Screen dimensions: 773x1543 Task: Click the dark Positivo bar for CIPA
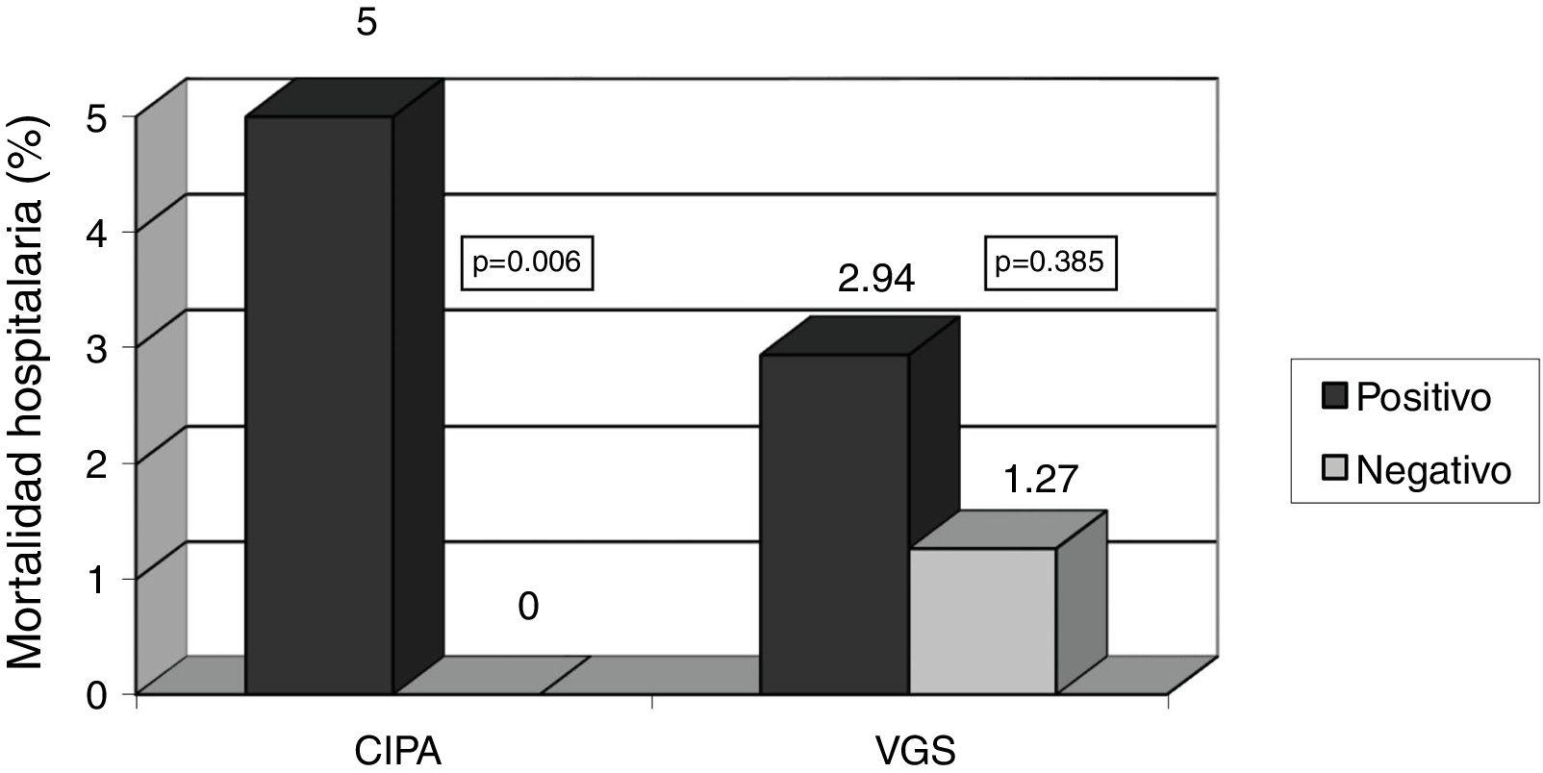pyautogui.click(x=319, y=404)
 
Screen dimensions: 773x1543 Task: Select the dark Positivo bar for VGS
pyautogui.click(x=833, y=523)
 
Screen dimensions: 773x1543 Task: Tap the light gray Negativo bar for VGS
pyautogui.click(x=982, y=620)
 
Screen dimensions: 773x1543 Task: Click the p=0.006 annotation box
pyautogui.click(x=527, y=262)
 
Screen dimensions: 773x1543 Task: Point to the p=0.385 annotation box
pyautogui.click(x=1050, y=262)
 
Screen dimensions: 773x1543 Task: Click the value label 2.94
pyautogui.click(x=875, y=280)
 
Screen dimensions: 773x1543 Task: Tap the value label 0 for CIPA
pyautogui.click(x=527, y=608)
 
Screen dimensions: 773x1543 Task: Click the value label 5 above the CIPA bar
pyautogui.click(x=367, y=22)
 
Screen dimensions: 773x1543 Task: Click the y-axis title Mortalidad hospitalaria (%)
pyautogui.click(x=28, y=393)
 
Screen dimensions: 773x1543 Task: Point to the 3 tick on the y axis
pyautogui.click(x=112, y=346)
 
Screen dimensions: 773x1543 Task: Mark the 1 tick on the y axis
pyautogui.click(x=112, y=578)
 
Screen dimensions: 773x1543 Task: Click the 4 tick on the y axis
pyautogui.click(x=112, y=231)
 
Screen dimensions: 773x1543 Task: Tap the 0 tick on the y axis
pyautogui.click(x=112, y=694)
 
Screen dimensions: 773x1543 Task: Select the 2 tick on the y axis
pyautogui.click(x=112, y=462)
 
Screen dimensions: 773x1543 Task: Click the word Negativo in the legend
pyautogui.click(x=1433, y=470)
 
